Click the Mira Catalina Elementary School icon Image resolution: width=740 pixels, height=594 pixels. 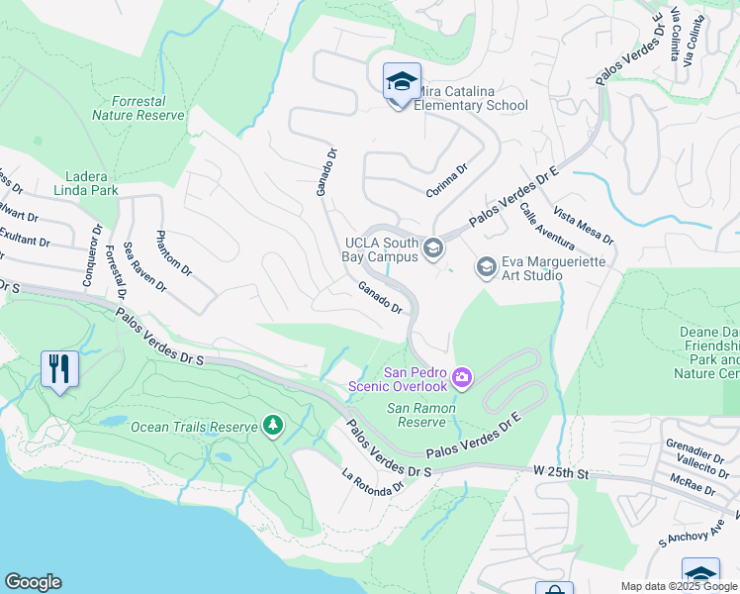coord(402,82)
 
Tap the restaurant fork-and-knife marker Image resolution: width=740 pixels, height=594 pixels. coord(60,369)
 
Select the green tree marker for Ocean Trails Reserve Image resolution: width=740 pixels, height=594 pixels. coord(273,426)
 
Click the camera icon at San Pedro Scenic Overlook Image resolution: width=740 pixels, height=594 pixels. coord(462,378)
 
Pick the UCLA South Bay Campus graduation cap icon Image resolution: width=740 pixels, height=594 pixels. coord(432,247)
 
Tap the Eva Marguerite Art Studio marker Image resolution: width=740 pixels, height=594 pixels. coord(486,266)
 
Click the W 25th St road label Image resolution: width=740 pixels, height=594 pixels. coord(560,474)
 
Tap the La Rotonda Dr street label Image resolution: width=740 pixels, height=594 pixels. coord(374,480)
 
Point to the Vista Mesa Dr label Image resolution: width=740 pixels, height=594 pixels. coord(584,227)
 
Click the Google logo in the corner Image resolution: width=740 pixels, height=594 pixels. coord(33,582)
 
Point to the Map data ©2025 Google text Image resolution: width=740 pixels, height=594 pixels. coord(678,586)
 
